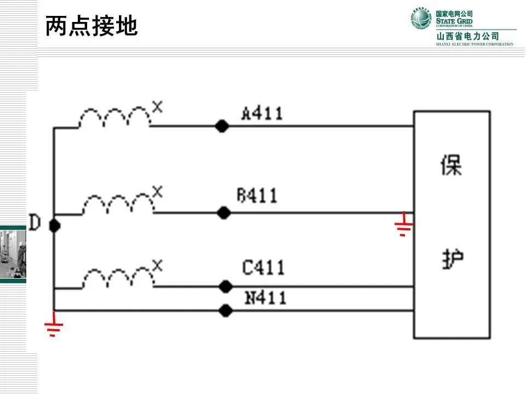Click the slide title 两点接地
pos(91,26)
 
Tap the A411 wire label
pos(262,114)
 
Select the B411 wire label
pos(257,195)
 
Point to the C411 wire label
pos(264,268)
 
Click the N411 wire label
pos(265,298)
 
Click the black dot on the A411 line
pos(221,126)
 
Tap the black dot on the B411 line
pos(223,213)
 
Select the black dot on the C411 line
pos(225,286)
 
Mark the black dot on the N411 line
pos(225,311)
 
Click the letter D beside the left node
pos(35,223)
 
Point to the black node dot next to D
pos(54,225)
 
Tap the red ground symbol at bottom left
pos(54,328)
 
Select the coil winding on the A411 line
pos(115,117)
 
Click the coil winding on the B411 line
pos(118,204)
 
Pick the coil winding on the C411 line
pos(118,278)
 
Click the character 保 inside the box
pos(451,165)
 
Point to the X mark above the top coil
pos(158,107)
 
